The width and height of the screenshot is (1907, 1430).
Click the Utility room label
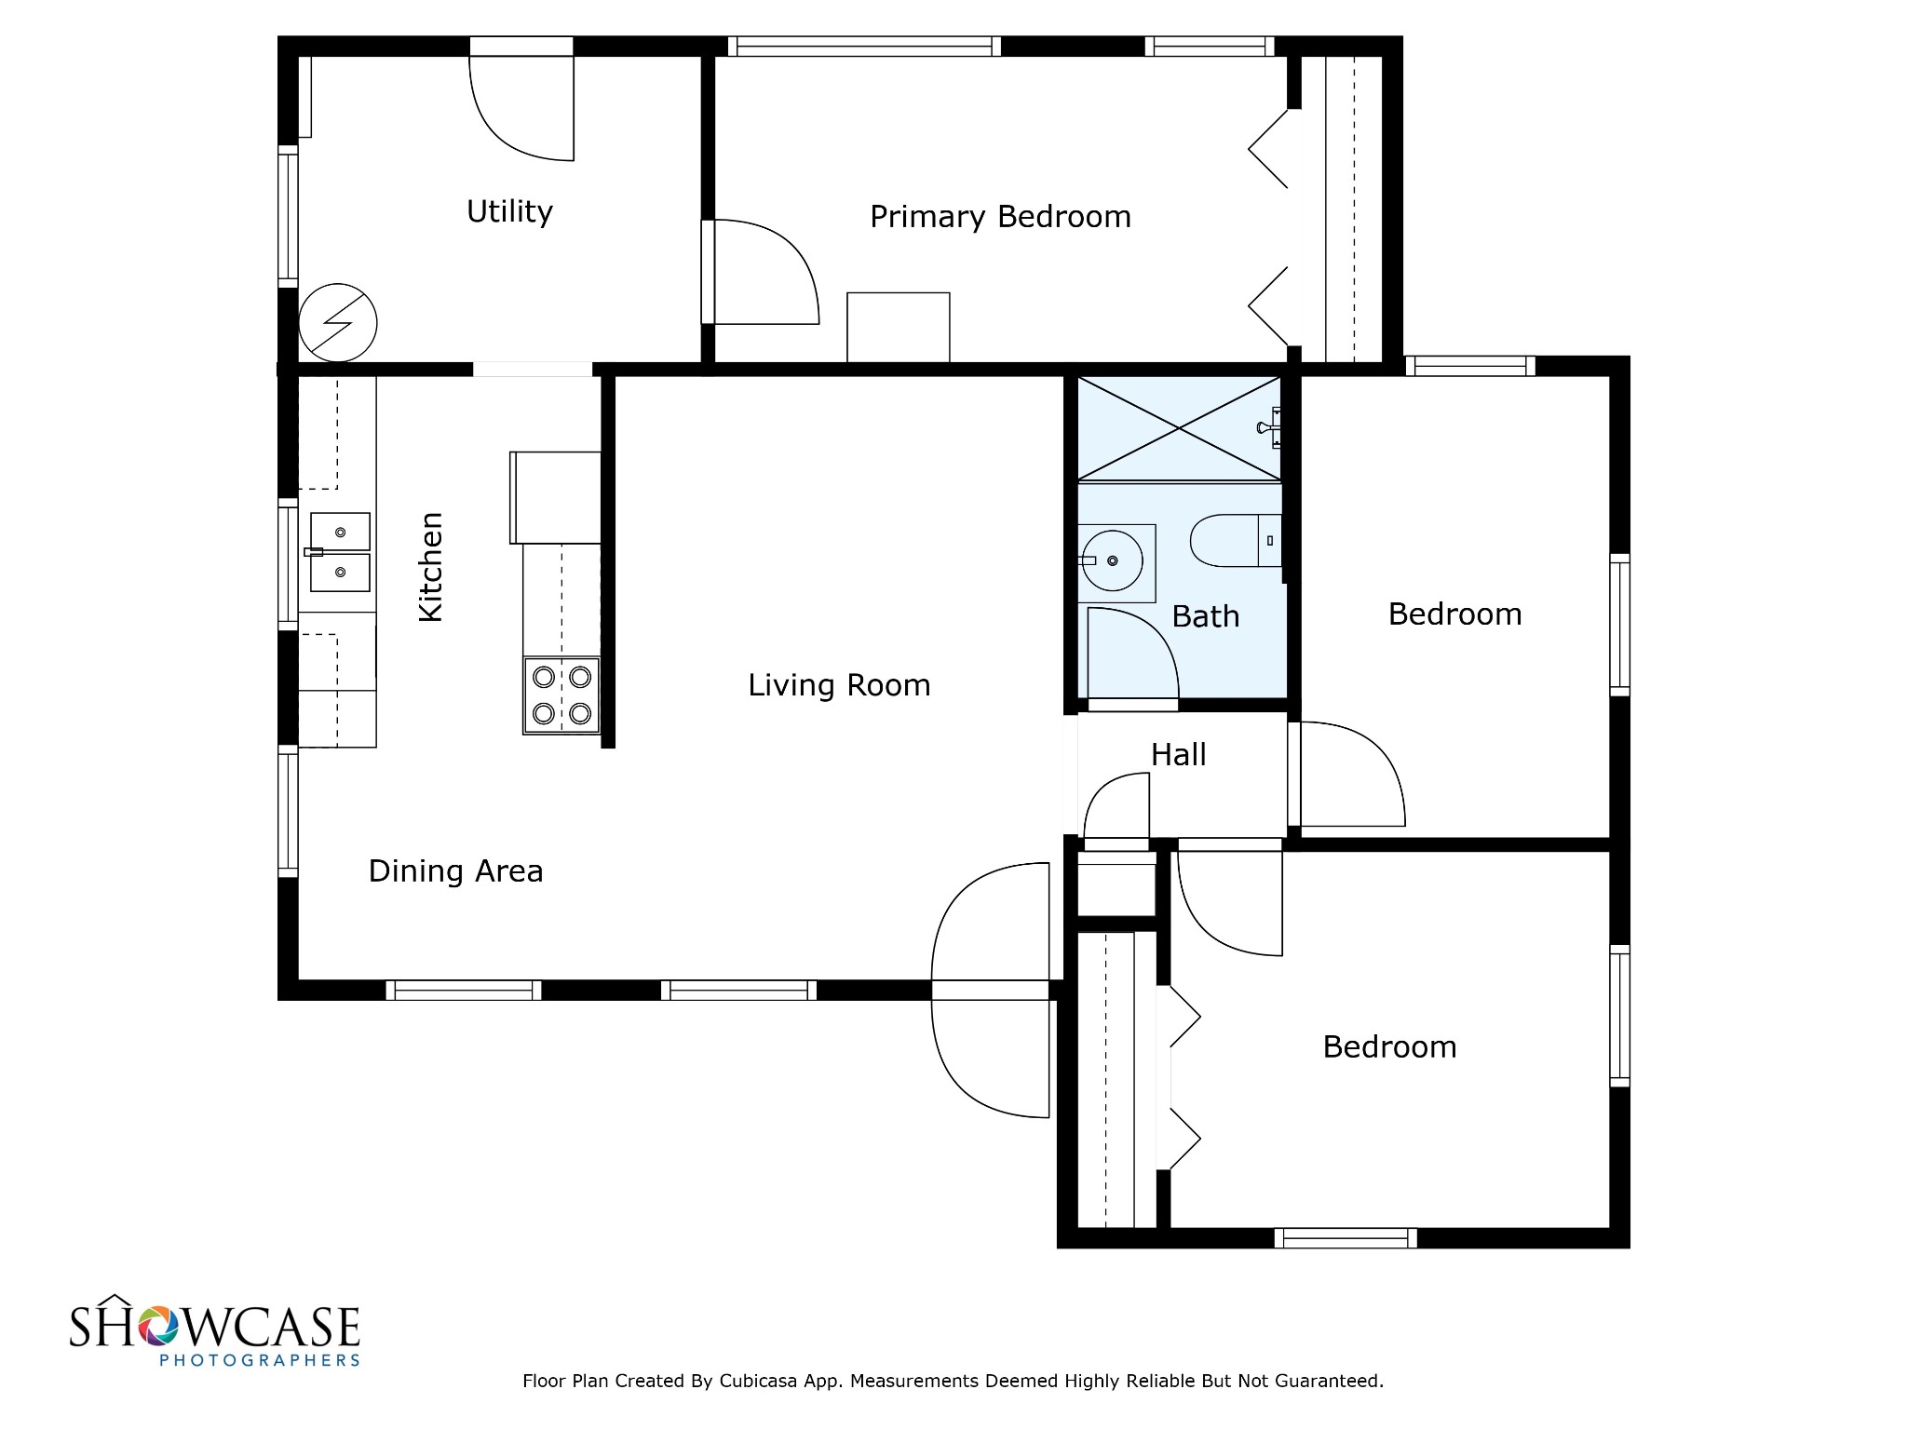pos(509,212)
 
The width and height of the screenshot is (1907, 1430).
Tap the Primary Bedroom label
pos(1000,217)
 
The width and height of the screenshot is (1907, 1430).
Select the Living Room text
pos(839,685)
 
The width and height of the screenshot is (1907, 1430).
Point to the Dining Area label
pos(455,871)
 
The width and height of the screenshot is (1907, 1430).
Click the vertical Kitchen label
pos(430,566)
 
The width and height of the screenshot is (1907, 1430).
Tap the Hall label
pos(1178,754)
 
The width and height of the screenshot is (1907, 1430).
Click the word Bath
pos(1205,616)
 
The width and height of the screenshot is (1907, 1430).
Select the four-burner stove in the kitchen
pos(561,695)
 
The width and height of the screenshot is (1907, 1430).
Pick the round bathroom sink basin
pos(1114,561)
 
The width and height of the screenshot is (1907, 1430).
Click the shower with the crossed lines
pos(1178,428)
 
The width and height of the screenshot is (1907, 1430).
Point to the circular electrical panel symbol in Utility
pos(337,323)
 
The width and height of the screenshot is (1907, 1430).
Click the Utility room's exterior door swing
pos(521,107)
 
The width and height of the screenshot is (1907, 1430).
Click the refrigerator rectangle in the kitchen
pos(555,497)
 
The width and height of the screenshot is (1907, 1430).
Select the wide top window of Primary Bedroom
pos(863,47)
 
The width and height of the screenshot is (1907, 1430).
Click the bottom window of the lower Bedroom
pos(1345,1238)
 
